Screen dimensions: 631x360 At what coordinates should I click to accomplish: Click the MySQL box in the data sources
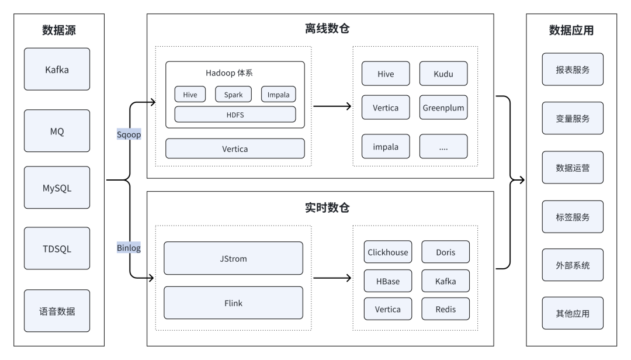(57, 188)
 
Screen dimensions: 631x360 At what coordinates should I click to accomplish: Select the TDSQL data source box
(57, 248)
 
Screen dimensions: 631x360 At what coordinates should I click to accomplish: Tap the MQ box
(57, 131)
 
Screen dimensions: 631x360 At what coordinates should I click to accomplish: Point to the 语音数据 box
(57, 311)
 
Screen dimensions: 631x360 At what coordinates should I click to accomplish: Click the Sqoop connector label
(129, 134)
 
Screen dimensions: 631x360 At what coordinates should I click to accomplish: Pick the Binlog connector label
(129, 248)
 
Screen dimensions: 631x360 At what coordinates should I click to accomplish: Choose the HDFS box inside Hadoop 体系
(235, 115)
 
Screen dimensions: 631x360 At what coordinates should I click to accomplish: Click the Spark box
(233, 95)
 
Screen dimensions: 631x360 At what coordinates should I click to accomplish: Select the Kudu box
(443, 74)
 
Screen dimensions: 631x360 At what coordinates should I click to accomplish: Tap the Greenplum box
(443, 108)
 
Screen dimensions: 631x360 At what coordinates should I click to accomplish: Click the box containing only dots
(443, 147)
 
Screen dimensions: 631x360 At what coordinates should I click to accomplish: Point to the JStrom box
(233, 258)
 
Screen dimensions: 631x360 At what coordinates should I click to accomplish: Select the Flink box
(233, 303)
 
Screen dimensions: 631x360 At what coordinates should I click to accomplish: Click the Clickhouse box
(388, 252)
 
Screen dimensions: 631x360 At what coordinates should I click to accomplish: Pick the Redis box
(445, 309)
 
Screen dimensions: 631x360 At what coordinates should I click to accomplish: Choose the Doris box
(445, 252)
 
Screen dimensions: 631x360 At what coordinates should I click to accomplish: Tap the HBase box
(388, 281)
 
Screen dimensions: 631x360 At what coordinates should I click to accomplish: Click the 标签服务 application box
(573, 217)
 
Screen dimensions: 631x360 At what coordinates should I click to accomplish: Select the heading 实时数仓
(327, 208)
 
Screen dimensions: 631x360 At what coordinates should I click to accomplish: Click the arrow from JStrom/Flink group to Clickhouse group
(332, 278)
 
